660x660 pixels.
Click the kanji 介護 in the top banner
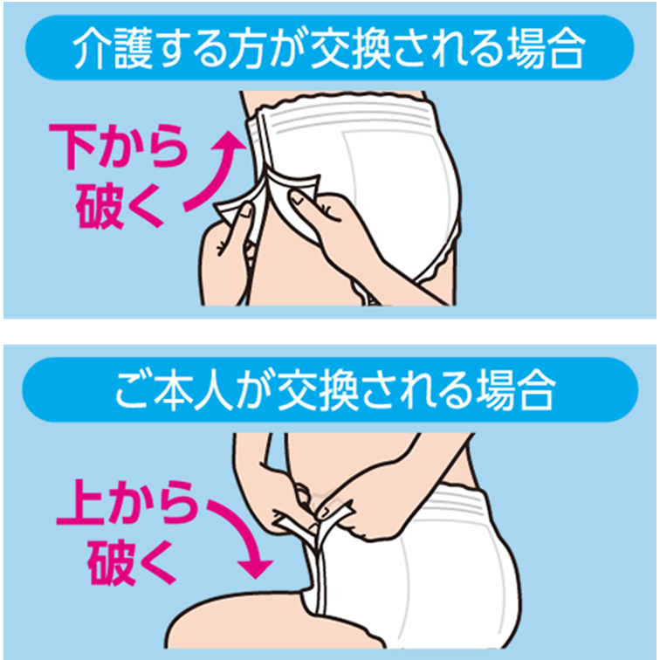113,48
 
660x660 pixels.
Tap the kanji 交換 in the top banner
351,48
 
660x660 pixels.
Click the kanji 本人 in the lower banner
194,389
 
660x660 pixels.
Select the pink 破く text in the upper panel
119,206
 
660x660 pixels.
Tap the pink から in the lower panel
153,503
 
